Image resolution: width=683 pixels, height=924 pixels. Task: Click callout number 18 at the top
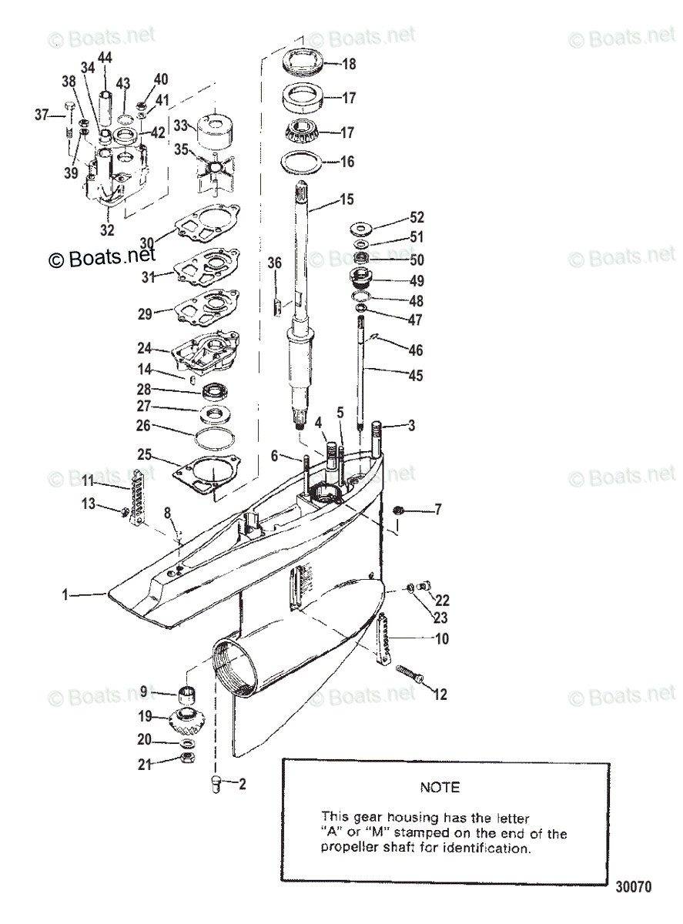click(x=349, y=65)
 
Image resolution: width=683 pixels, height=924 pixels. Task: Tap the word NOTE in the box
click(x=440, y=787)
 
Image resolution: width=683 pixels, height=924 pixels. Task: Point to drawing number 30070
click(x=633, y=887)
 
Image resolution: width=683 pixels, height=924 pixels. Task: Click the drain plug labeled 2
click(x=216, y=784)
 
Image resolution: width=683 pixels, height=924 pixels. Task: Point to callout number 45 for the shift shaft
click(x=416, y=376)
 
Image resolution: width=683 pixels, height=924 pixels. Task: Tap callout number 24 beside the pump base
click(x=145, y=349)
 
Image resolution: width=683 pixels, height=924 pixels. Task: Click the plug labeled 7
click(x=398, y=510)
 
